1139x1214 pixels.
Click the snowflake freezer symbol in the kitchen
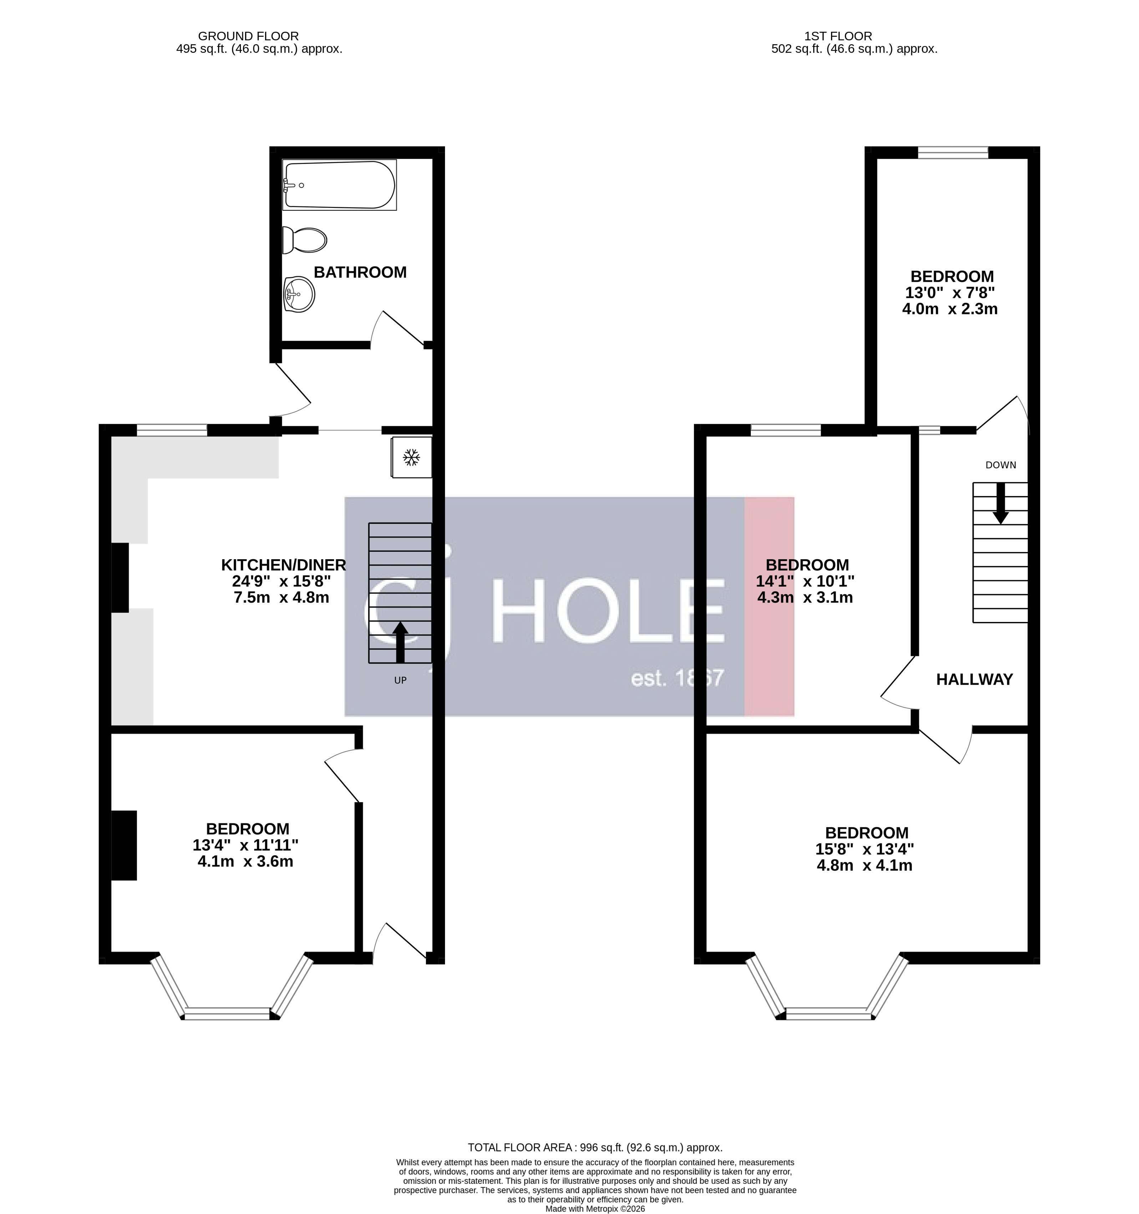tap(411, 457)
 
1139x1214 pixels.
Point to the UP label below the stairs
tap(400, 680)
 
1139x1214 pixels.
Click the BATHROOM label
tap(360, 272)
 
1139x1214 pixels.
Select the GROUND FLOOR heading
tap(248, 36)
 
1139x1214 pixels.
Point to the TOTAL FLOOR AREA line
tap(594, 1147)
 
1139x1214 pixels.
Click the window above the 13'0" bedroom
tap(953, 152)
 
